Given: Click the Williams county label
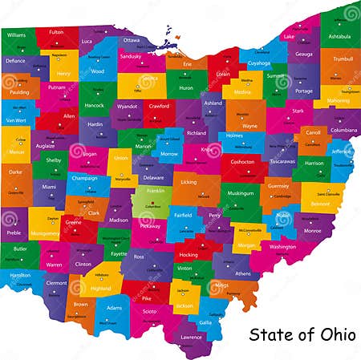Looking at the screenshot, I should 16,35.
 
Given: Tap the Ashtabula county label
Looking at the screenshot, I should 339,36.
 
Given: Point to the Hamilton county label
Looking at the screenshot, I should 20,274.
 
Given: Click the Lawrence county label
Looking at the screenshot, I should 191,337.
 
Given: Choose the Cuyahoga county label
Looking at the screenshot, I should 259,63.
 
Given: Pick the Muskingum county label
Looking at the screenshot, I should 240,193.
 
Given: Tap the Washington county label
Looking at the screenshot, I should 282,247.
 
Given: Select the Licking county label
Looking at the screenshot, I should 189,183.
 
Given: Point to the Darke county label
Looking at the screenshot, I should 15,172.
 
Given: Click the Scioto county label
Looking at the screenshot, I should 150,311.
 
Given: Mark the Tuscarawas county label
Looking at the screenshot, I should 282,161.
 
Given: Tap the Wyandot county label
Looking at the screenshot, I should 127,106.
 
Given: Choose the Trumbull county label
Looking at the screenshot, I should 343,59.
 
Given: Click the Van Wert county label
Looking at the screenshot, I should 16,120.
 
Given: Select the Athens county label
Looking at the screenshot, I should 242,273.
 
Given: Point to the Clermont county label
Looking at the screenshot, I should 56,283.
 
